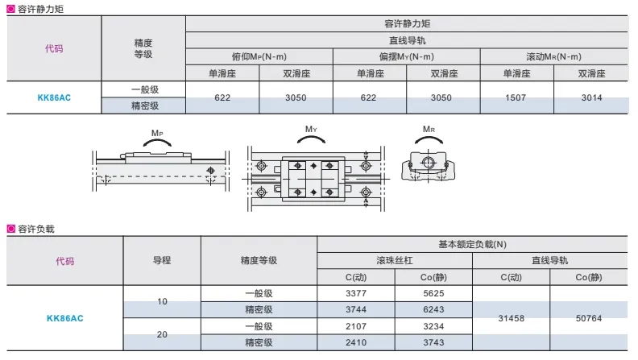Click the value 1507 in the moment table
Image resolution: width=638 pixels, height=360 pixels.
516,97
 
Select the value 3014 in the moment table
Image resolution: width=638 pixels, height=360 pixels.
591,97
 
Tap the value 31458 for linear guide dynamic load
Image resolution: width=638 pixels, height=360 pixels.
511,318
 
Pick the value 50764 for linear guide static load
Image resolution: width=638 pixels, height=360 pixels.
588,318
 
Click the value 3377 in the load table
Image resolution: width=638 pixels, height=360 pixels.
356,293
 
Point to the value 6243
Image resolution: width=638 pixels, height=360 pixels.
433,309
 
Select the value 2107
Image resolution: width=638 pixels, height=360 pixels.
356,326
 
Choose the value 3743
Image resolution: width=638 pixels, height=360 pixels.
433,342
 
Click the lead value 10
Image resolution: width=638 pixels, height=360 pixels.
162,301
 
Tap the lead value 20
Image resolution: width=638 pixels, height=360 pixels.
162,334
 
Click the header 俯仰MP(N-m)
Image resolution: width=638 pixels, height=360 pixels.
259,56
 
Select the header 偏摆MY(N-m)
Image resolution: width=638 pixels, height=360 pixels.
407,56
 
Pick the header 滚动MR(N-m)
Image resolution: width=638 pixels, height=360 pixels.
553,56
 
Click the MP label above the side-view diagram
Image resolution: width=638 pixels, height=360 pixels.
157,133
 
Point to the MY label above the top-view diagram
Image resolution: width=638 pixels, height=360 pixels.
311,129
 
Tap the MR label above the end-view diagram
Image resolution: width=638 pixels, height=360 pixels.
429,129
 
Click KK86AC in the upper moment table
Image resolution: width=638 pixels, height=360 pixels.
54,97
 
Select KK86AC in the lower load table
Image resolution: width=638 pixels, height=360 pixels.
65,318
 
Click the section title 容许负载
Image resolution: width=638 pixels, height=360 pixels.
35,229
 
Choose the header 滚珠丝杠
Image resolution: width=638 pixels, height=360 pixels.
394,260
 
